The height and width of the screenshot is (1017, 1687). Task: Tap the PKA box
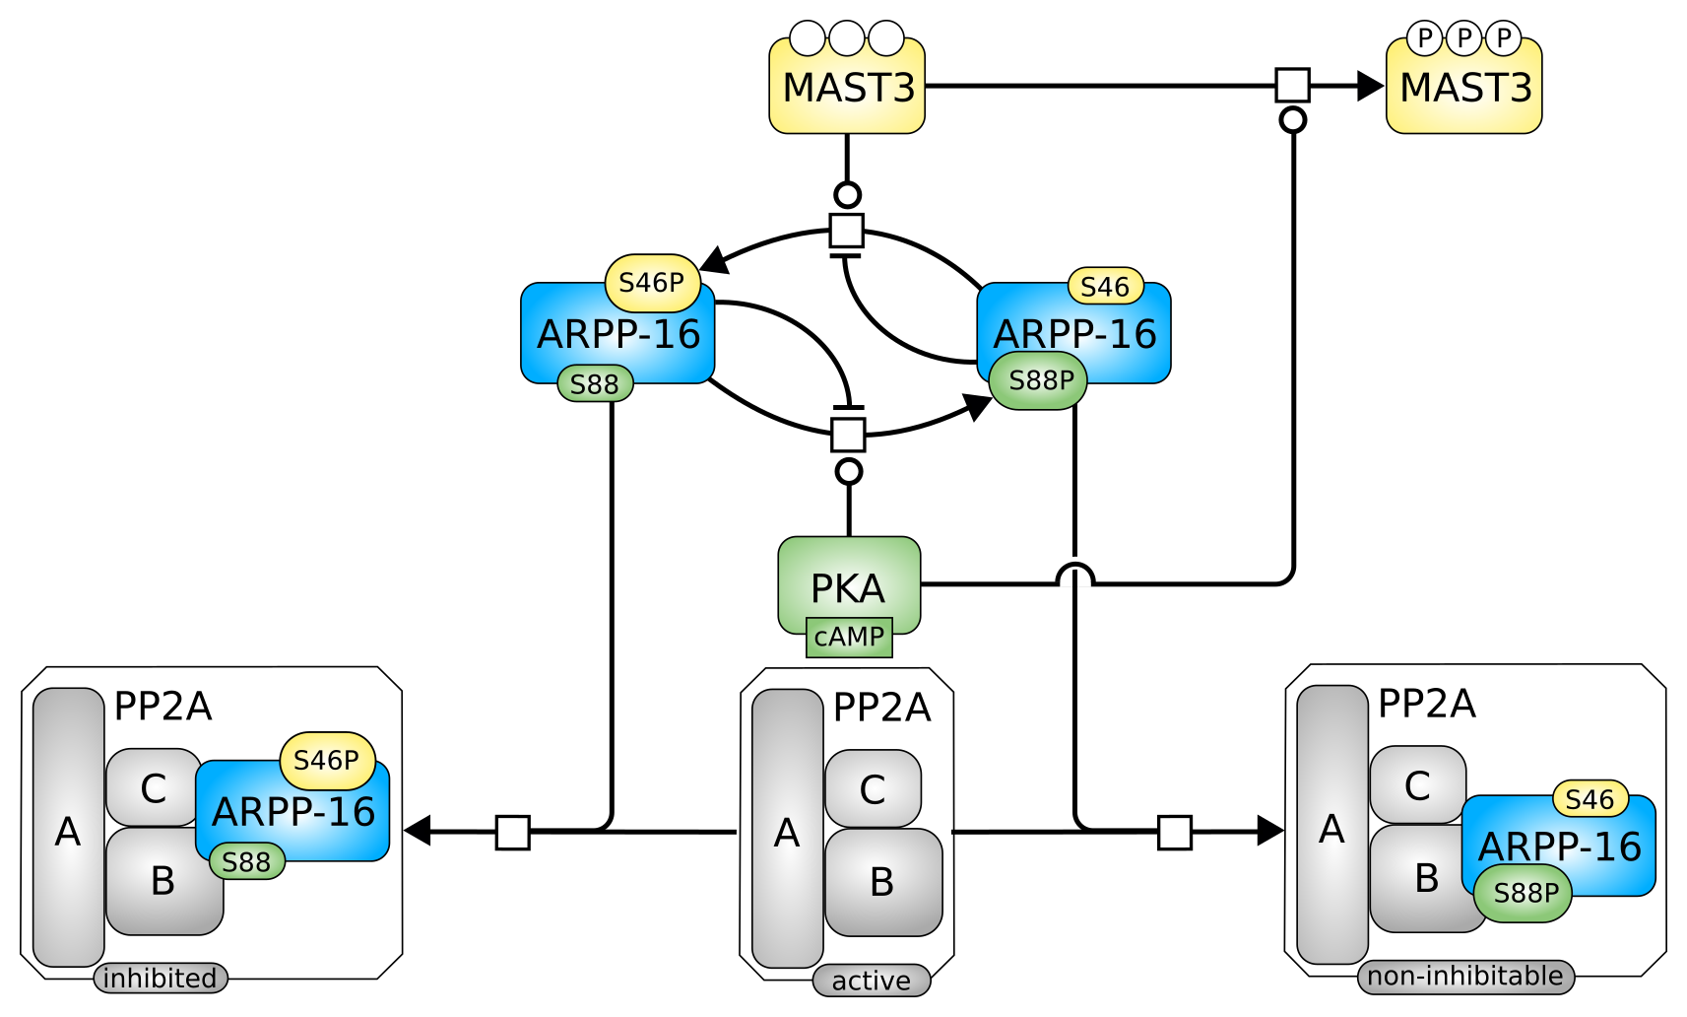849,581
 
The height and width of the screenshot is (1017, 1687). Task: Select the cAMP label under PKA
849,637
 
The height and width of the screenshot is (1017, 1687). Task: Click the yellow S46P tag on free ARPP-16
652,283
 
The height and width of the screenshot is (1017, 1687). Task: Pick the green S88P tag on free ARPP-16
1038,380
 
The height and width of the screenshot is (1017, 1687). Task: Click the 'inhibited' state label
161,978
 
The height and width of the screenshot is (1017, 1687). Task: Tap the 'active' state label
871,981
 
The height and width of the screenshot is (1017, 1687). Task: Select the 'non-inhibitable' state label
1464,976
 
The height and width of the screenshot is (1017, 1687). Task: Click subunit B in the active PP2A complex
882,882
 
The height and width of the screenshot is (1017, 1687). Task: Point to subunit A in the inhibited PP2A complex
68,828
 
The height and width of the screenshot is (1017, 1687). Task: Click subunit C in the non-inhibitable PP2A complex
1416,784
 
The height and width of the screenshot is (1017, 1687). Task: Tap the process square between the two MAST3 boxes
1292,85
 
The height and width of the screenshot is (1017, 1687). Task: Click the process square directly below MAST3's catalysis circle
847,231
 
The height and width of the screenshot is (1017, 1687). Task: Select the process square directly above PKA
848,434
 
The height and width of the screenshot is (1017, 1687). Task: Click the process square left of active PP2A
512,832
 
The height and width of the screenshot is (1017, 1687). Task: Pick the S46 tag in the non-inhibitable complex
1590,799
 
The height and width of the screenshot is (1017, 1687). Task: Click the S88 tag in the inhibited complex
246,862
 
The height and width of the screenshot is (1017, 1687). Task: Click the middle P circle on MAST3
1463,38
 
